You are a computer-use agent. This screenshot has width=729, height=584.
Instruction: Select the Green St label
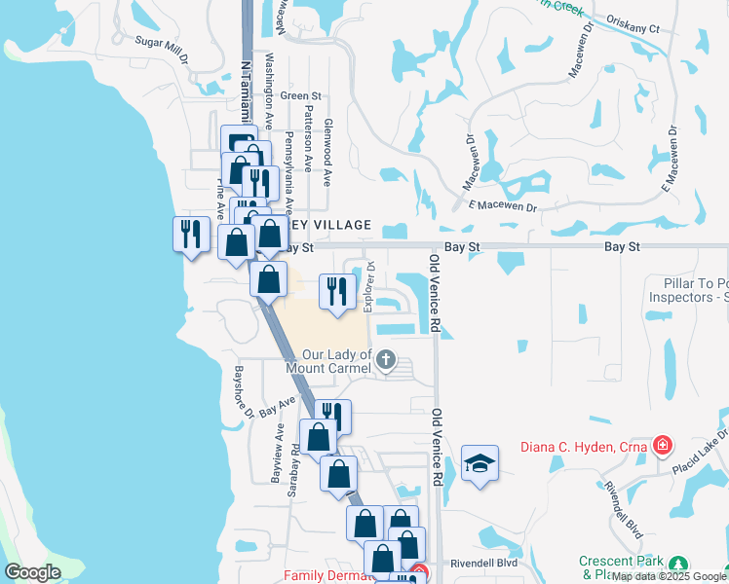(300, 96)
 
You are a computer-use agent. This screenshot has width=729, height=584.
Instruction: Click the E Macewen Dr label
(502, 206)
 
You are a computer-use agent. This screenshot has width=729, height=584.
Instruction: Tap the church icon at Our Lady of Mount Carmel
(386, 361)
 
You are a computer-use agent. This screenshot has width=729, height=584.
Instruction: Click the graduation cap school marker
(480, 463)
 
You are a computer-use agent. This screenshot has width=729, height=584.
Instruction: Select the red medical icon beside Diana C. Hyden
(664, 446)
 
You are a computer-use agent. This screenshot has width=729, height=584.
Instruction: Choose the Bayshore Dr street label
(241, 392)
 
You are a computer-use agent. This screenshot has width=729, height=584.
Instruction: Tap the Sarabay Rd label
(293, 473)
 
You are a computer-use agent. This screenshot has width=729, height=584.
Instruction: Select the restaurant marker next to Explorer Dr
(337, 291)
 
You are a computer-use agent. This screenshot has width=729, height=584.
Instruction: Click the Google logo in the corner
(32, 572)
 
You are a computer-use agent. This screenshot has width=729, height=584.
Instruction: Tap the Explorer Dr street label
(369, 285)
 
